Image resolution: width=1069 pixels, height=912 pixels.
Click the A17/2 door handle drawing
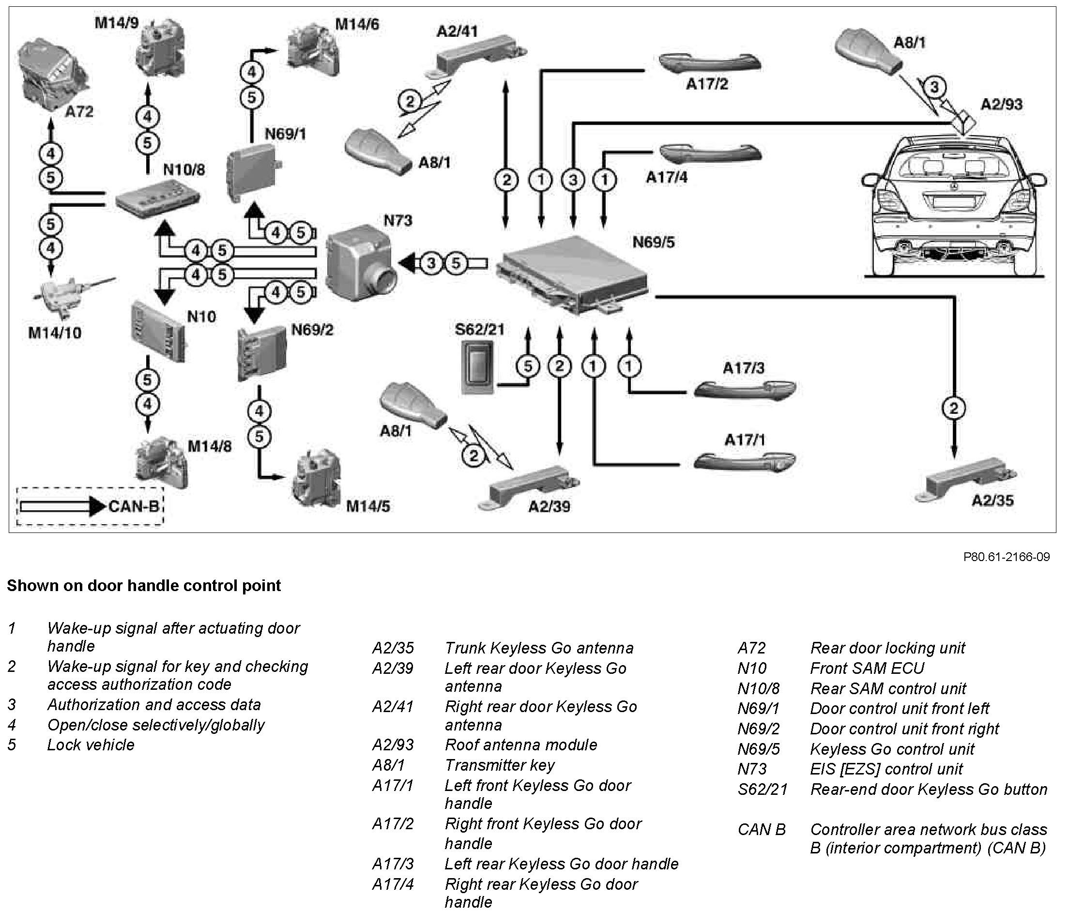click(x=710, y=62)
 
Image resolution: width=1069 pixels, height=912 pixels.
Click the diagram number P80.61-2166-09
click(x=1006, y=557)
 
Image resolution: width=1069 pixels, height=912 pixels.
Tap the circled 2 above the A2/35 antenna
click(x=953, y=409)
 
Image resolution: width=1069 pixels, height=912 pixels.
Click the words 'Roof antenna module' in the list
click(x=521, y=745)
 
